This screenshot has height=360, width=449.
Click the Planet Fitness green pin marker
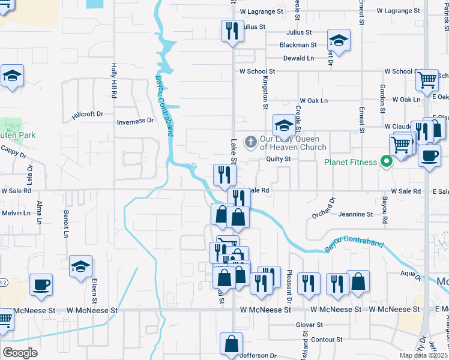click(387, 161)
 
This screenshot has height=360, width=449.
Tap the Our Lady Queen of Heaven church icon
click(250, 142)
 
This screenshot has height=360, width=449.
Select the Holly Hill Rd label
click(113, 78)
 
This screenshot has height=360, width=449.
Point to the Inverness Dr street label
click(135, 121)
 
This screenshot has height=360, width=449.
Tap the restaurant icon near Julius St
click(232, 30)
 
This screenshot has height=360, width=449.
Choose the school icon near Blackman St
click(339, 41)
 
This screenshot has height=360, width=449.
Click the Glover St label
click(309, 325)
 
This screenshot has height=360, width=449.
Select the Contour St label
click(327, 340)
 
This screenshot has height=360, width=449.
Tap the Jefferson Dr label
click(259, 355)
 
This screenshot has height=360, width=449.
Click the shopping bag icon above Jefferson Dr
click(231, 344)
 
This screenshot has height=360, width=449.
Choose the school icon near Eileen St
click(80, 266)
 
